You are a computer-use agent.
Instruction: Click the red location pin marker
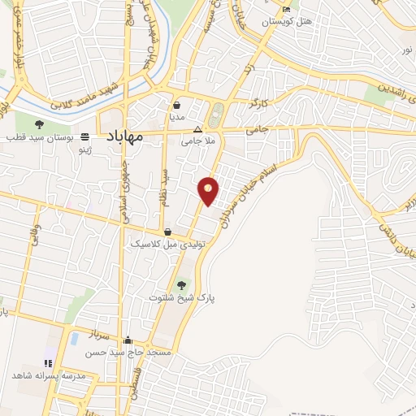pos(209,191)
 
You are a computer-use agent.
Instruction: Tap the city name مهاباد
pos(123,136)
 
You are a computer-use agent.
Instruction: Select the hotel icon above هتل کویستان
pos(285,9)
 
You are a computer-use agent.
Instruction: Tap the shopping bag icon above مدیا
pos(177,105)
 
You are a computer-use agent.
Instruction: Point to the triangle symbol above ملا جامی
pos(197,129)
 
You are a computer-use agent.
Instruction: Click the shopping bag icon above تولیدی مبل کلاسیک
pos(167,232)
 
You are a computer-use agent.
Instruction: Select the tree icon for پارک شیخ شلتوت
pos(182,285)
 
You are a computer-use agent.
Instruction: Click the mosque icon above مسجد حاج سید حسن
pos(128,340)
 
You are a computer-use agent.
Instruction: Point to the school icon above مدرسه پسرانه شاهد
pos(46,362)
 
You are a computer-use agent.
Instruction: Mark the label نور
pos(405,50)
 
